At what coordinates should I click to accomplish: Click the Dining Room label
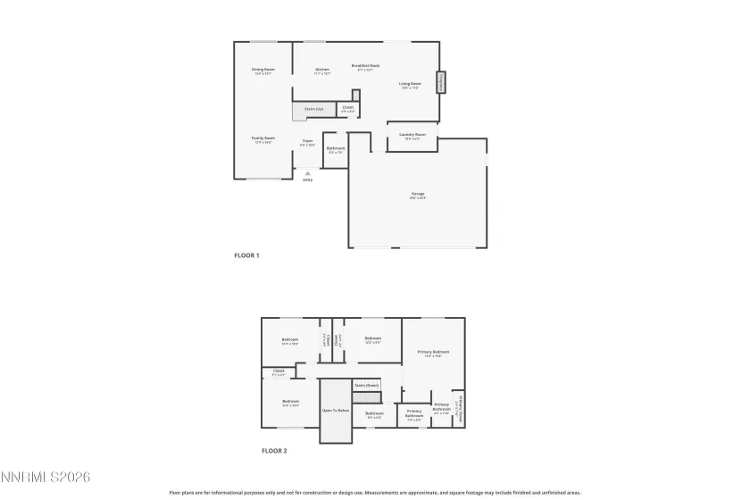tap(262, 70)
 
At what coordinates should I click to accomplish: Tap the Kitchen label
tap(322, 70)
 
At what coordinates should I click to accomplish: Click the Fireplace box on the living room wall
tap(439, 83)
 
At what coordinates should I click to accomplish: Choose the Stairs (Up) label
tap(313, 109)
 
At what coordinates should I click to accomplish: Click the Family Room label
tap(262, 138)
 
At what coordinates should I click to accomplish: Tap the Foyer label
tap(307, 140)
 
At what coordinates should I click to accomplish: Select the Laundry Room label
tap(412, 135)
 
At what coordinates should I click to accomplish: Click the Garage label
tap(417, 194)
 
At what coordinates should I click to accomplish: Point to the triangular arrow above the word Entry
tap(307, 172)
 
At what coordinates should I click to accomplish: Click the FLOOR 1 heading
tap(246, 256)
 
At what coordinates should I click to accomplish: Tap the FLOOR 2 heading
tap(274, 452)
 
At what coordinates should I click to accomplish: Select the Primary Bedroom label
tap(434, 352)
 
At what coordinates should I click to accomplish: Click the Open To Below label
tap(335, 411)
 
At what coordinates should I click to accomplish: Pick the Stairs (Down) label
tap(366, 386)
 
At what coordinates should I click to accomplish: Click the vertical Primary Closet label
tap(458, 409)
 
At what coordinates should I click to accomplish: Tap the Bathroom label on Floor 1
tap(336, 148)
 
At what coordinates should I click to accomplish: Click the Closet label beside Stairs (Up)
tap(348, 108)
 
